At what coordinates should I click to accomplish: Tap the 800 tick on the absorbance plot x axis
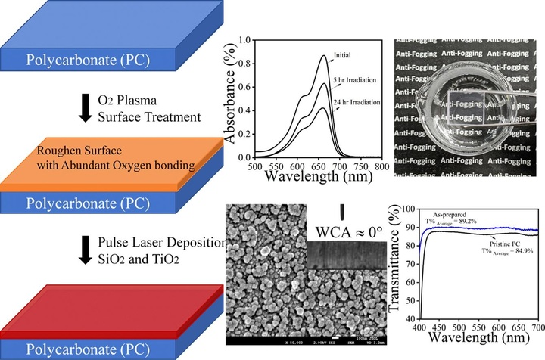point(382,165)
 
